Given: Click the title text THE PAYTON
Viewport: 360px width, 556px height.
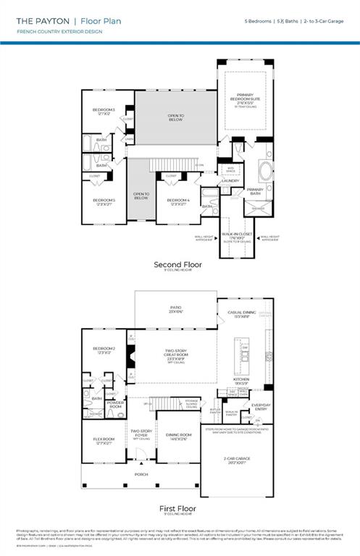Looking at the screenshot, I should pos(41,22).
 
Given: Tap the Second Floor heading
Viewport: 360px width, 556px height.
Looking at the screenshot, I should pos(177,265).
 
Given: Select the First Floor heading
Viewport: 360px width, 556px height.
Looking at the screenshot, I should pos(177,509).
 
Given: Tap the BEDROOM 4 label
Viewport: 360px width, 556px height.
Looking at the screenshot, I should pos(178,200).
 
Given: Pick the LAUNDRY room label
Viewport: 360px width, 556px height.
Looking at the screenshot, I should pos(241,181).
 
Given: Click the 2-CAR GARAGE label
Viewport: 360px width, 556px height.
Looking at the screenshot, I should pos(237,458).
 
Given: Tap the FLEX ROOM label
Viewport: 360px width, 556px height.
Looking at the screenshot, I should pos(104,439).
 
